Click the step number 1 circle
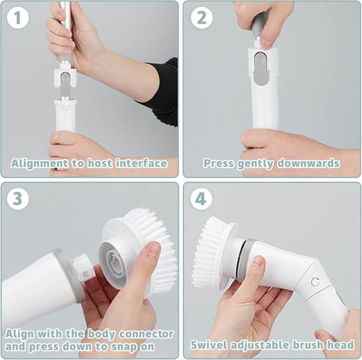[17, 18]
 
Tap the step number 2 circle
[202, 18]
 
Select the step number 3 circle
[17, 199]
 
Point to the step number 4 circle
[201, 199]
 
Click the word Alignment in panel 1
[39, 164]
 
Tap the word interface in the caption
[141, 163]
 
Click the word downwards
[308, 163]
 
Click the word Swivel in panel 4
[209, 345]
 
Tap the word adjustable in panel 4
[260, 346]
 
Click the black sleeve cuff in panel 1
[162, 92]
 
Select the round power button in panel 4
[315, 282]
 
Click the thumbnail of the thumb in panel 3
[154, 249]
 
